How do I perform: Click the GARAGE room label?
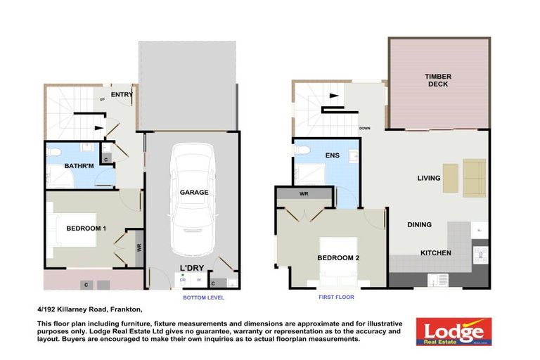click(x=194, y=192)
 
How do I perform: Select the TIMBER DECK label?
click(x=437, y=80)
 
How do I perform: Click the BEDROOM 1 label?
click(x=86, y=229)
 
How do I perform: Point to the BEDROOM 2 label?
click(x=338, y=258)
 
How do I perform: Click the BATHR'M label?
click(x=75, y=166)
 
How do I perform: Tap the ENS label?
click(x=333, y=156)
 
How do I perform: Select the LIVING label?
click(x=428, y=178)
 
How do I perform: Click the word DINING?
click(x=419, y=225)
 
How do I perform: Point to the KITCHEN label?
click(x=436, y=253)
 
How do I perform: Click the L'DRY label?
click(x=191, y=268)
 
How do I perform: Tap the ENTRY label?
click(x=122, y=94)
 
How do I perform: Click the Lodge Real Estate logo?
click(x=454, y=330)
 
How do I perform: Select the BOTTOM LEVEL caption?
click(x=202, y=297)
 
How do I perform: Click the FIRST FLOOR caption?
click(x=335, y=297)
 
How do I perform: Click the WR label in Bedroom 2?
click(x=304, y=193)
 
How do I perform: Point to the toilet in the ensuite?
click(x=300, y=150)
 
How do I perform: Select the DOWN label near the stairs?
click(x=364, y=129)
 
